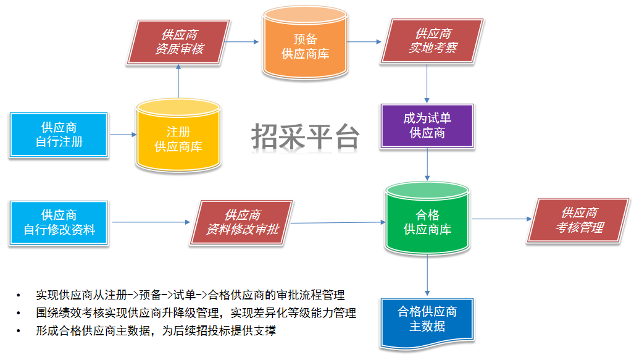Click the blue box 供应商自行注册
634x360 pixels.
(x=59, y=135)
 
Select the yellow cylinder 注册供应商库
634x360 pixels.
(x=178, y=138)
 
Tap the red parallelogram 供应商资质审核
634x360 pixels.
(x=179, y=41)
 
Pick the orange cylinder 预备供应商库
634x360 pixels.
(x=305, y=47)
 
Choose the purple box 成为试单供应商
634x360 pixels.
(x=427, y=125)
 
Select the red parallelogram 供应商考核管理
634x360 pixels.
(x=579, y=220)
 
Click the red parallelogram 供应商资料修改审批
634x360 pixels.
(x=243, y=222)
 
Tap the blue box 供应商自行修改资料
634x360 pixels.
(x=59, y=222)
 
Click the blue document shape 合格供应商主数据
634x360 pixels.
(x=427, y=319)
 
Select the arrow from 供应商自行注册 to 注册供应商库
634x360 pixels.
(x=122, y=135)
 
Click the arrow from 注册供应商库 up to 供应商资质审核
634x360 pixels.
(x=178, y=80)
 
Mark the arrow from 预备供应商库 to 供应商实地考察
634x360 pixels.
(x=365, y=42)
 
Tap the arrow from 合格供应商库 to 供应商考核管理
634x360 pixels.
(x=501, y=219)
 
